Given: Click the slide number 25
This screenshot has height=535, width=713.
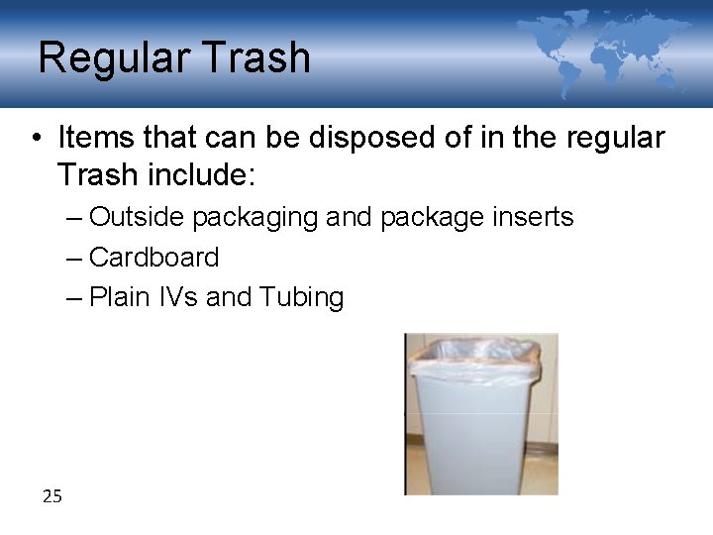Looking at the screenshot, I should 52,496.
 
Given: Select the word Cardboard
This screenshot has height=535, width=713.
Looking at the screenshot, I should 153,258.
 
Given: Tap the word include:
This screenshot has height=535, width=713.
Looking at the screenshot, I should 202,176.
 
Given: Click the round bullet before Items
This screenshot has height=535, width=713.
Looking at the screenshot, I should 35,139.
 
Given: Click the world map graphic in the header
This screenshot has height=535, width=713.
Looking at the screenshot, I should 604,50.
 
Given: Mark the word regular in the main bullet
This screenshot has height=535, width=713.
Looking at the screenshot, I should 615,139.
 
